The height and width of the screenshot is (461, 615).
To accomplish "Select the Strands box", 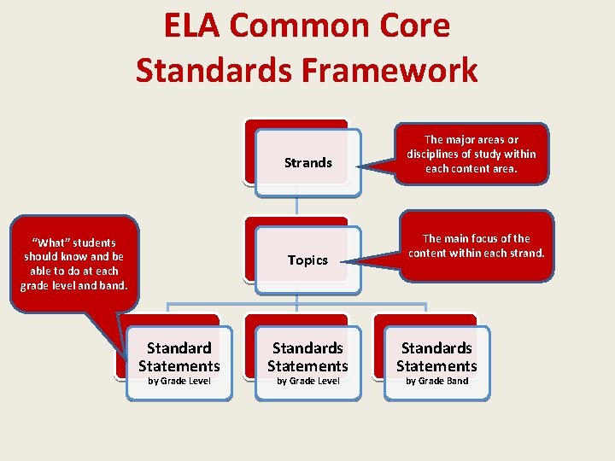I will tap(308, 162).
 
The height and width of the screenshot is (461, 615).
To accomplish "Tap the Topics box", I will tap(308, 260).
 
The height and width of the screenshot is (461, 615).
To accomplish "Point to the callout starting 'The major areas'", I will tap(471, 154).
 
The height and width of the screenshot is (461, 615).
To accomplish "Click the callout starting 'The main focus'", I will tap(476, 246).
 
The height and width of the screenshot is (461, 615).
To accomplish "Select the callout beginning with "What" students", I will tap(73, 264).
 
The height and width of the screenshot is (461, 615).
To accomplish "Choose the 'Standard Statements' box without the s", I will tap(179, 362).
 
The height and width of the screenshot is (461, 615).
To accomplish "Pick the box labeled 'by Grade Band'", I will tap(436, 362).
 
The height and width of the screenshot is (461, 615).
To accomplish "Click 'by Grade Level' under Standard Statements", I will tap(179, 381).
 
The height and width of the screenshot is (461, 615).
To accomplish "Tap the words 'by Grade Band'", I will tap(436, 381).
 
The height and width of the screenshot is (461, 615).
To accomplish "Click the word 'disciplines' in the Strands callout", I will tap(436, 154).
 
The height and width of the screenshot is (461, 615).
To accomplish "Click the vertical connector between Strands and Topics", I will tap(296, 205).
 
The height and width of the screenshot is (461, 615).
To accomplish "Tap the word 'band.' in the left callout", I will tap(112, 285).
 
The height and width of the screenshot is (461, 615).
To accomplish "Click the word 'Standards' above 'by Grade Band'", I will tap(436, 348).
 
